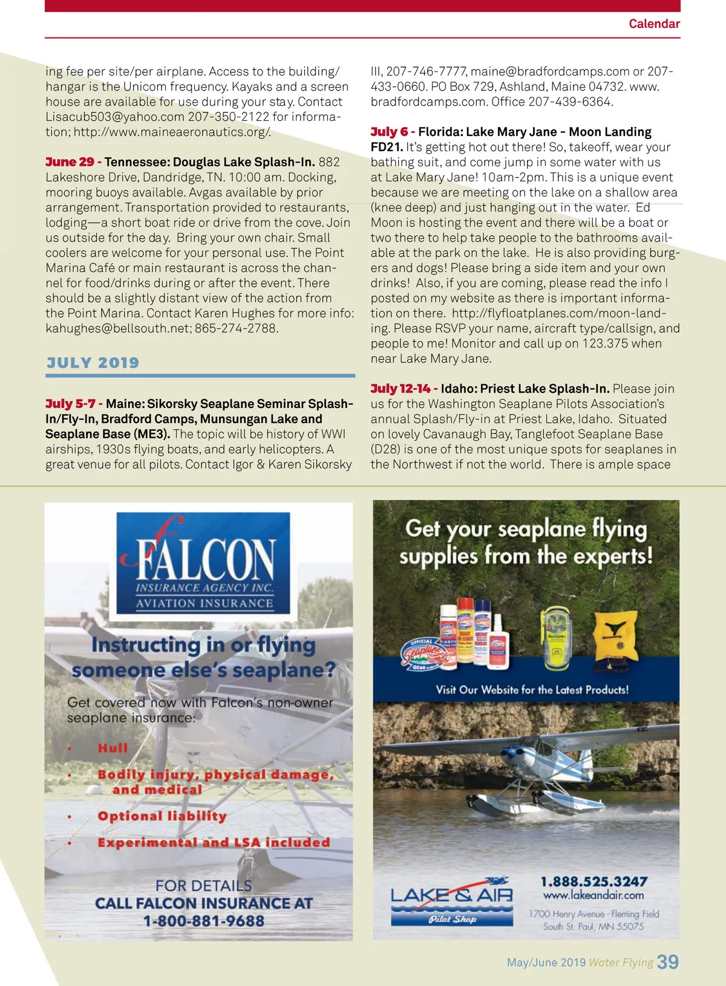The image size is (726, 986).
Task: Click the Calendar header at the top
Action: pos(654,24)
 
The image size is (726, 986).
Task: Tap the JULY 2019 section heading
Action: pos(93,363)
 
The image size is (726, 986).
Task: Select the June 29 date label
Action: pos(70,162)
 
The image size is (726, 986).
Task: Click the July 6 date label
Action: pos(389,132)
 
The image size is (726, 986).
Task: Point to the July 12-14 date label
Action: pos(401,389)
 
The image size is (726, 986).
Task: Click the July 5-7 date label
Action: pos(70,404)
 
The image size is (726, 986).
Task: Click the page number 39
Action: pos(667,962)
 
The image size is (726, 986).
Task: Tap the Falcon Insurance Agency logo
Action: pos(203,563)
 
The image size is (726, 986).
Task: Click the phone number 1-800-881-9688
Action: pos(204,921)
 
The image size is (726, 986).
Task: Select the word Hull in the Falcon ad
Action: pos(113,748)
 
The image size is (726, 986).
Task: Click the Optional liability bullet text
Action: pos(162,816)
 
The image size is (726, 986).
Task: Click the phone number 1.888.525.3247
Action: pos(594,881)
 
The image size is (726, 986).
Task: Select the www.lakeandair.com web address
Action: pos(593,895)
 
